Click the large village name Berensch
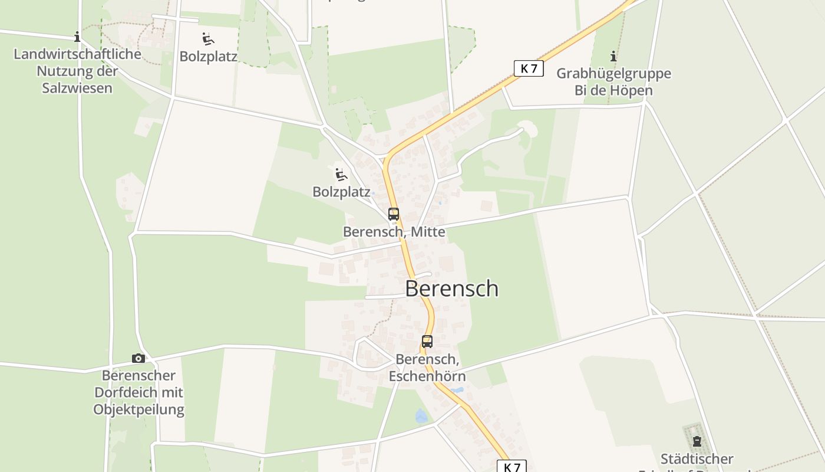(x=452, y=289)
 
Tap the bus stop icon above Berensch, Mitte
(x=394, y=214)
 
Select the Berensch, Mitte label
(x=394, y=232)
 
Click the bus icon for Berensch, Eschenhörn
(x=427, y=341)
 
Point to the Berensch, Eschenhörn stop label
(x=427, y=367)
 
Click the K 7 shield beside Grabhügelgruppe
(x=529, y=68)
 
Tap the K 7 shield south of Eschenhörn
(x=511, y=467)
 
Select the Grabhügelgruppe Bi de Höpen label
(x=613, y=82)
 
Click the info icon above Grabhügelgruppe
(x=613, y=57)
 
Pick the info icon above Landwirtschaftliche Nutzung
(x=77, y=37)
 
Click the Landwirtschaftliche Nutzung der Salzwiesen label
(x=77, y=71)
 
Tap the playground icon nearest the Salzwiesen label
(x=207, y=39)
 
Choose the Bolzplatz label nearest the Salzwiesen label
(x=209, y=57)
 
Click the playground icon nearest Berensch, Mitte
(x=341, y=174)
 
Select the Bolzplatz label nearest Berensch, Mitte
(x=342, y=192)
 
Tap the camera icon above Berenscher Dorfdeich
(x=138, y=358)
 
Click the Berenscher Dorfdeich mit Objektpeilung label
(x=139, y=392)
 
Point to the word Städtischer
(x=697, y=458)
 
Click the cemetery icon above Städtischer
(x=697, y=441)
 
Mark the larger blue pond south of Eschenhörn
(x=421, y=416)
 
